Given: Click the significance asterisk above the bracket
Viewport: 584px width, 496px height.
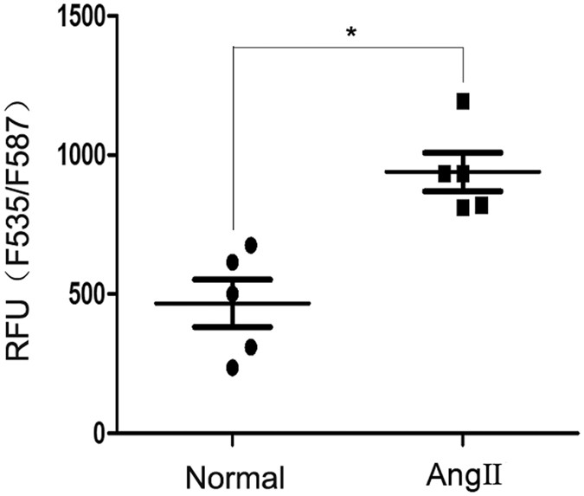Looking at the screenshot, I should click(350, 33).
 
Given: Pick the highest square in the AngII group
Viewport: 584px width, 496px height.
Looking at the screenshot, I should click(463, 101).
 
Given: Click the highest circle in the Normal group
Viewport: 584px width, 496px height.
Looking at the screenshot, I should click(251, 245).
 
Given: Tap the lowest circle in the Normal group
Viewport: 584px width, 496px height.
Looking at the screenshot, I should click(233, 368).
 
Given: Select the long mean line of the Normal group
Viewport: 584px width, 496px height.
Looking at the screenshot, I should click(233, 304).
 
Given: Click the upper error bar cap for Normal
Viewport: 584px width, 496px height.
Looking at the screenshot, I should click(233, 279).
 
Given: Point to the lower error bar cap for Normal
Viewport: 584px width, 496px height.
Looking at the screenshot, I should click(233, 327).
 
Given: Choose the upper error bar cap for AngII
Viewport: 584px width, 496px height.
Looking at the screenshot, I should click(463, 152).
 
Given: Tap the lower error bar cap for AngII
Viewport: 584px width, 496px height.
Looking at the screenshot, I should click(463, 190).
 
